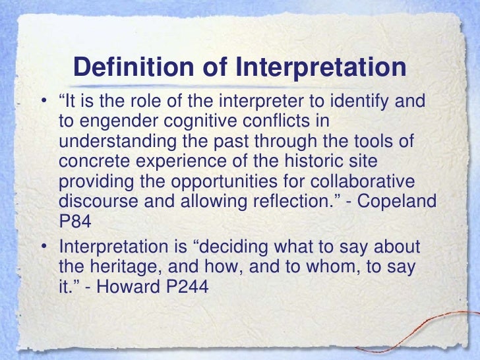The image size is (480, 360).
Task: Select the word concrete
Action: pyautogui.click(x=86, y=162)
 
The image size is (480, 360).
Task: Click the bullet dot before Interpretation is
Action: pyautogui.click(x=43, y=248)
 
